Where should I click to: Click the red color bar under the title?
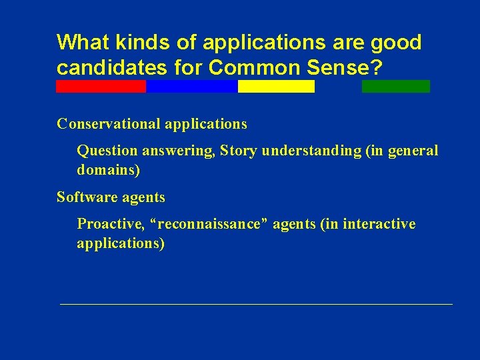(x=101, y=86)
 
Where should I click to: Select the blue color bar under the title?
(x=191, y=86)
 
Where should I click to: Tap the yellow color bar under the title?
(x=276, y=86)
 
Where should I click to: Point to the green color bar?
(x=396, y=86)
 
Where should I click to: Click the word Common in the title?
(x=241, y=68)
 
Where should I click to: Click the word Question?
(x=104, y=151)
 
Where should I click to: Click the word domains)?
(x=109, y=170)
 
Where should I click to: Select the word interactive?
(x=379, y=224)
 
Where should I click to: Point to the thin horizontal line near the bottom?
(x=256, y=304)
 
